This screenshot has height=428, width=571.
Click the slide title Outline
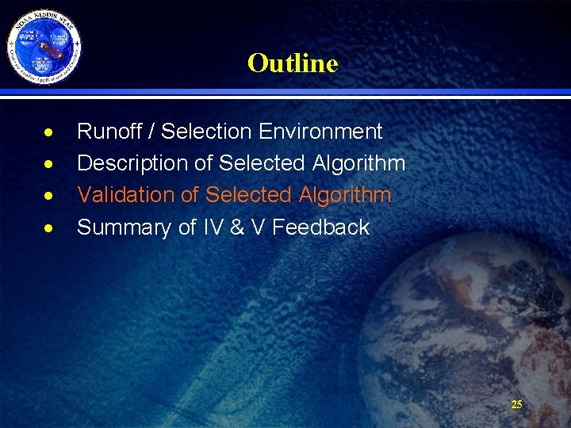click(x=292, y=63)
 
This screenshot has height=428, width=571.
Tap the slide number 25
click(x=516, y=404)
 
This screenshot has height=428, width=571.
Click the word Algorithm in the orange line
click(x=345, y=195)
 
